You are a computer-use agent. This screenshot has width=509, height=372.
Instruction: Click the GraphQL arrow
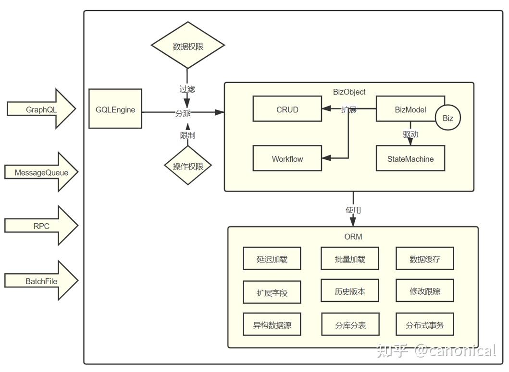41,109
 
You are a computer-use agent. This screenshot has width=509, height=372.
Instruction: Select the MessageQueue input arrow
41,172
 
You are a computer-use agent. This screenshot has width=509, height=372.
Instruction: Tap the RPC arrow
41,226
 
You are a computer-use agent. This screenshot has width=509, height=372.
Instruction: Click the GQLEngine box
115,109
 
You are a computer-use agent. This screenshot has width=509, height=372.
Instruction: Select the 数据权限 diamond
188,46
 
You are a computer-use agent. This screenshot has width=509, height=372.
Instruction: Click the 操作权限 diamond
188,166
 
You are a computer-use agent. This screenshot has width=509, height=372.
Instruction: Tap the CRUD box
287,109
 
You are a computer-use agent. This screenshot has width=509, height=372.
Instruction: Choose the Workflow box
287,159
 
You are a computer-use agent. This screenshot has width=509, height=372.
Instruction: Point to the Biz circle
448,118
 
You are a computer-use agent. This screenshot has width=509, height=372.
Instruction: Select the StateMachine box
410,159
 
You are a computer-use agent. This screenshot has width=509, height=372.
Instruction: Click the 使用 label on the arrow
353,210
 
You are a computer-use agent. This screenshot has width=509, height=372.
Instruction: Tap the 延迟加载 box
272,259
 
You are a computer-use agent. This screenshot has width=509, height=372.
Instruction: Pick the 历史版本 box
350,291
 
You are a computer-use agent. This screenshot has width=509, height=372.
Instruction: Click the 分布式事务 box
425,325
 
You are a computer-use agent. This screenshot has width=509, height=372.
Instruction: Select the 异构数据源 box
272,325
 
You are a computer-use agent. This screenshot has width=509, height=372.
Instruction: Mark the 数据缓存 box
425,259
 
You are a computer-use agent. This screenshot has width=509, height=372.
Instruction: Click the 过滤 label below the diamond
187,89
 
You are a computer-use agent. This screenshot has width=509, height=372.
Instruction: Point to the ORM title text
353,237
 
